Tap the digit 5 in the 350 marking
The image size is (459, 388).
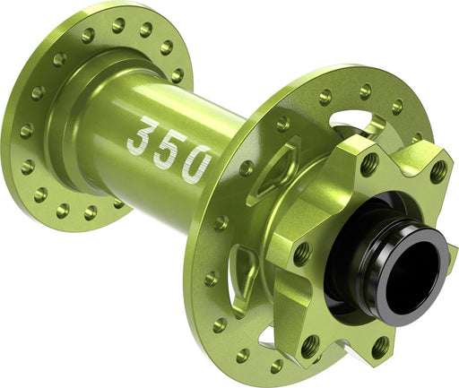point(170,149)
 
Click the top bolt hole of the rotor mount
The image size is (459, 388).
point(368,164)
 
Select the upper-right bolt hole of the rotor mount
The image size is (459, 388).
point(437,173)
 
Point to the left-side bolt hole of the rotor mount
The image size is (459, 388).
point(302,254)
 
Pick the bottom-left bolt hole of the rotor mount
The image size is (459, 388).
point(311,342)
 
